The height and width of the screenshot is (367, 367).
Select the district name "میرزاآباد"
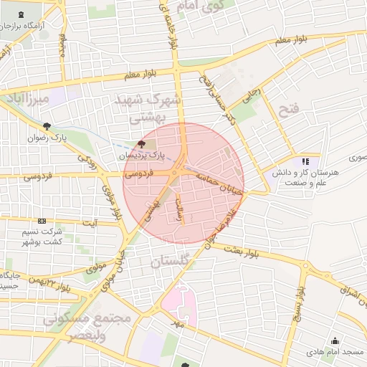25,97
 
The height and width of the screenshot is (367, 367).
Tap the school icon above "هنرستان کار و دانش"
306,162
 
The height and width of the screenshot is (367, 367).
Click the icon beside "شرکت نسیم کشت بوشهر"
42,221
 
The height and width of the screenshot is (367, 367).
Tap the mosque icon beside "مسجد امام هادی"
334,340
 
